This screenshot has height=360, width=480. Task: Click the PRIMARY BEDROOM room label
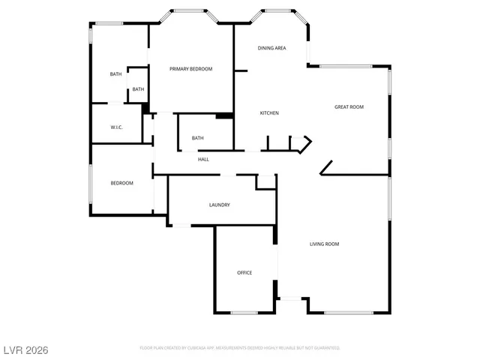click(x=190, y=69)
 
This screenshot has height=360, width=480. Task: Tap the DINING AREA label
click(x=271, y=48)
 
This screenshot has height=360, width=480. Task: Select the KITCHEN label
click(x=269, y=113)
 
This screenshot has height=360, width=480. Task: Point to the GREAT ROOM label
click(x=349, y=107)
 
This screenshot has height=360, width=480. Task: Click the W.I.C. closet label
click(x=116, y=127)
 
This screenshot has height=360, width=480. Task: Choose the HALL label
click(x=203, y=159)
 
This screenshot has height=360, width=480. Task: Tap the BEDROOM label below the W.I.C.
click(x=121, y=183)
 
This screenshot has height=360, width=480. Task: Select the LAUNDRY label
click(x=219, y=205)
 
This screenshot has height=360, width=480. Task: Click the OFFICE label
click(x=244, y=272)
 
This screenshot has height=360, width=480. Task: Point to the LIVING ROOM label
click(x=325, y=244)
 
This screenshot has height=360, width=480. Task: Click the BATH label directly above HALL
click(x=197, y=138)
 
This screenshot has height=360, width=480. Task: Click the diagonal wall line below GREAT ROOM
click(x=326, y=167)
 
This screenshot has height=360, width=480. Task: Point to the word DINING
click(x=265, y=48)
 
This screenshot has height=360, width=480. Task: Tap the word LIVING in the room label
click(x=317, y=244)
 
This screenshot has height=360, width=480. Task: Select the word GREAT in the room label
click(x=341, y=107)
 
